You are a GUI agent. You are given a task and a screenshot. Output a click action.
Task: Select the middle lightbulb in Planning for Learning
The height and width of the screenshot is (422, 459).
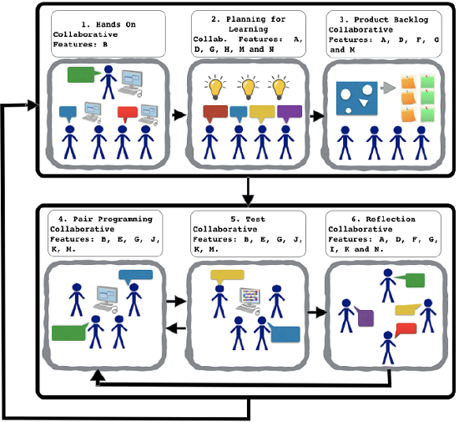(248, 85)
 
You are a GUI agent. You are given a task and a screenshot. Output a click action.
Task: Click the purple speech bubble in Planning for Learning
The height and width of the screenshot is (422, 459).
(289, 112)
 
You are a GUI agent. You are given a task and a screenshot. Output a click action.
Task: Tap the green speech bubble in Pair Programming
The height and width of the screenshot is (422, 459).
(69, 332)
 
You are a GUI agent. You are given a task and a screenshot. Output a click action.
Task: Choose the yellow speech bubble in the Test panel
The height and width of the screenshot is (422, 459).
(226, 275)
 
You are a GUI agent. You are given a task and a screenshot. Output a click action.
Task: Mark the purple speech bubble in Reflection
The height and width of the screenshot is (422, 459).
(365, 317)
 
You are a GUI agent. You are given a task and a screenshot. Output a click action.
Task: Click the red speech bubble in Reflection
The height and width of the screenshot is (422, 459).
(406, 329)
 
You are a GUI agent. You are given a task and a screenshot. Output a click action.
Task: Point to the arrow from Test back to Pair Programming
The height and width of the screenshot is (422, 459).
(176, 328)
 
